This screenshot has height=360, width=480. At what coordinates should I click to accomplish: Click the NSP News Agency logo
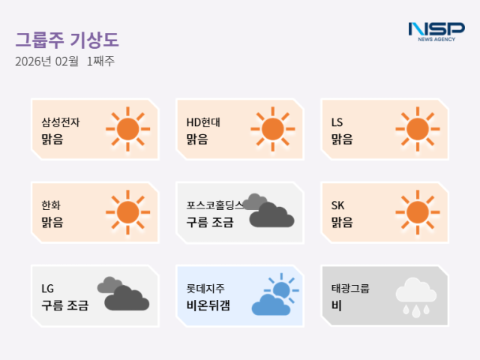point(436,31)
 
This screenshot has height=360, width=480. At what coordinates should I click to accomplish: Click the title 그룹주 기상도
point(67,39)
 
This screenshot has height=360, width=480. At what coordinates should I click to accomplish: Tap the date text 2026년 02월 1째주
point(64,61)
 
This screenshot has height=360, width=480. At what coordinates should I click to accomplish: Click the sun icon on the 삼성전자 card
point(127,129)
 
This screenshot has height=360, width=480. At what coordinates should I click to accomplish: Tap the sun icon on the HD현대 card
point(272,129)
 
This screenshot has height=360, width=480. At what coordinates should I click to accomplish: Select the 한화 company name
point(52,205)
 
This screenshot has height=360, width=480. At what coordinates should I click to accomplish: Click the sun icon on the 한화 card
point(127,212)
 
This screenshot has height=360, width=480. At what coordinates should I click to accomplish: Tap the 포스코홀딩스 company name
point(215,205)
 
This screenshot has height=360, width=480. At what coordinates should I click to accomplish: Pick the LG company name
point(48,288)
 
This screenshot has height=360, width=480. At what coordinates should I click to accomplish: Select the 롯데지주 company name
point(205,288)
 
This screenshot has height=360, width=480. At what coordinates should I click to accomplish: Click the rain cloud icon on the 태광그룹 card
point(412,295)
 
